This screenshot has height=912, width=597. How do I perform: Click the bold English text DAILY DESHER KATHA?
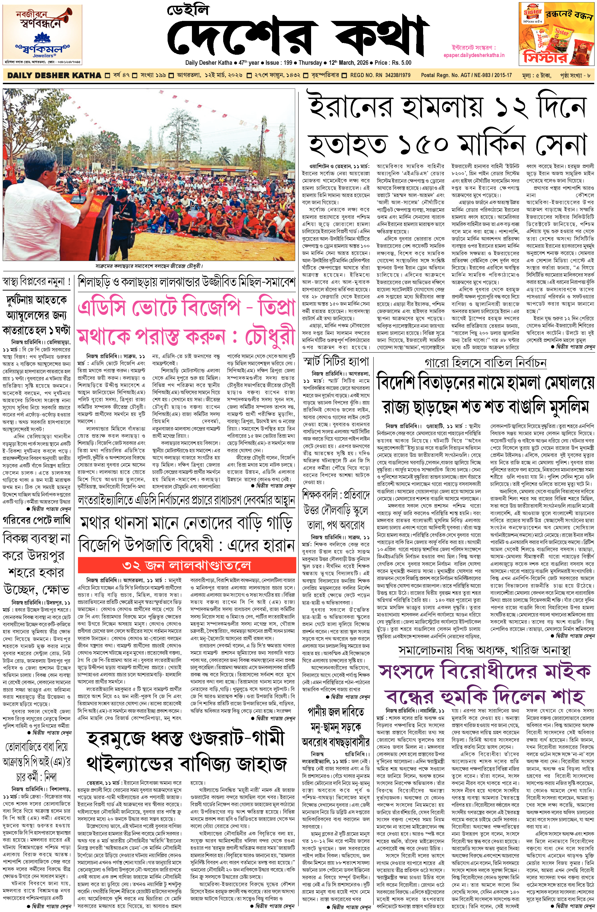click(54, 75)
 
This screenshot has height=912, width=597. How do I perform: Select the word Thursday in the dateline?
click(310, 62)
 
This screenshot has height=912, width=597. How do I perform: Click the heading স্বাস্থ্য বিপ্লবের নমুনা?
click(36, 282)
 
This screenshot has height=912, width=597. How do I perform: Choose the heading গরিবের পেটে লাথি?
click(37, 520)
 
